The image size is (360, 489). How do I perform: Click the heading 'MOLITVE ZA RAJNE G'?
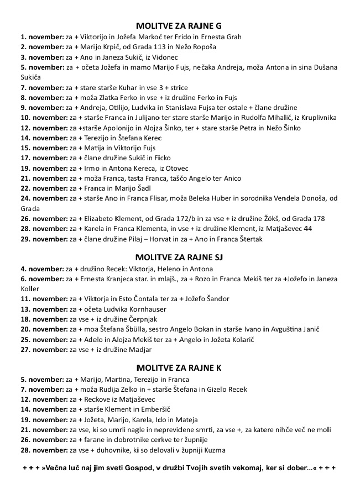pos(179,26)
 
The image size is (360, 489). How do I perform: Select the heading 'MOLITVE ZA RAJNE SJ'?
pos(179,258)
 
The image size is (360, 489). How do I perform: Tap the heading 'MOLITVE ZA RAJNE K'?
pos(179,368)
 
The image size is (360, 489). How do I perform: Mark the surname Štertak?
pos(248,239)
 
